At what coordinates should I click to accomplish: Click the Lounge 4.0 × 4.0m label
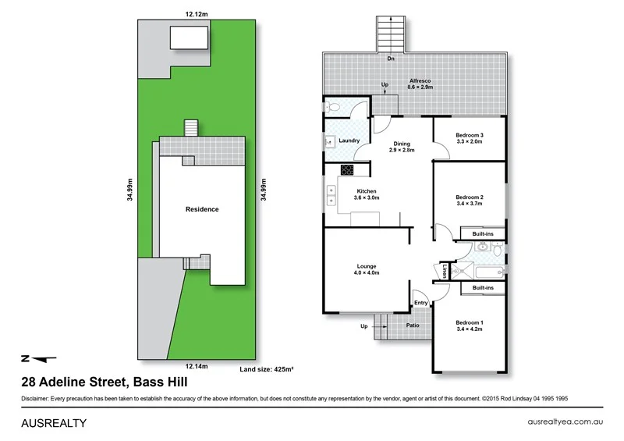[365, 269]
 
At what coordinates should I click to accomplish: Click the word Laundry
[349, 140]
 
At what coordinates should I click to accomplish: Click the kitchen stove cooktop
[347, 169]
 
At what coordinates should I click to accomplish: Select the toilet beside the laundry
[332, 108]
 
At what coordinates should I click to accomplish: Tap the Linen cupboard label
[445, 272]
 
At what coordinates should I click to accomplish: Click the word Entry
[421, 303]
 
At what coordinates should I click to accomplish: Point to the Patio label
[413, 325]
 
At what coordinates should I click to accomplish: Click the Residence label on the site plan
[202, 209]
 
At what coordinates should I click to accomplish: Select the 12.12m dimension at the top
[197, 13]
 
